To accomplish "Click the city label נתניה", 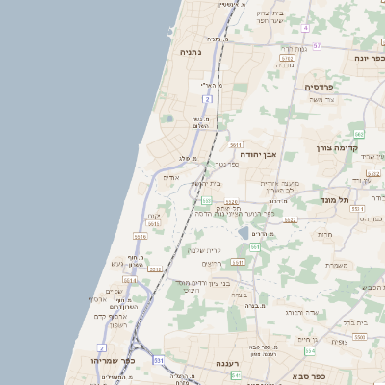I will (191, 51).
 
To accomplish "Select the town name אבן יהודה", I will (259, 152).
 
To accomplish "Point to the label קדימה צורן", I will (337, 148).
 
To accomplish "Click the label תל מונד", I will (335, 199).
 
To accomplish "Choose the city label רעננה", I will (228, 363).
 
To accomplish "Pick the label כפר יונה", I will (369, 57).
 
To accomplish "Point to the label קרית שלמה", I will (204, 249).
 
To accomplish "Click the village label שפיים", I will (114, 292).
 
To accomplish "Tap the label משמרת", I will (336, 265).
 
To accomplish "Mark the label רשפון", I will (118, 324).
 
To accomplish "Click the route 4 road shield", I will (305, 28).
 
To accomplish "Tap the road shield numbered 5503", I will (359, 337).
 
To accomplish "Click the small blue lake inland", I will (245, 233).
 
